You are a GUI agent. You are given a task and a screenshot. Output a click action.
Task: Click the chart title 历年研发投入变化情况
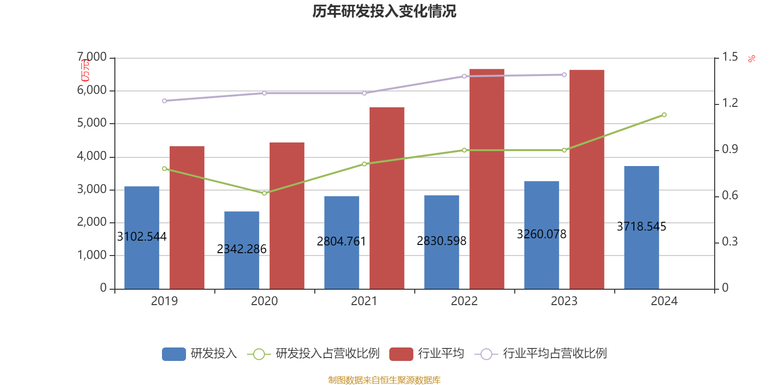[384, 11]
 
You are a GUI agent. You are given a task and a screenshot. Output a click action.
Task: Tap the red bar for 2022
[486, 179]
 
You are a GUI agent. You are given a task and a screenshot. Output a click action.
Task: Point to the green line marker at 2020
[264, 193]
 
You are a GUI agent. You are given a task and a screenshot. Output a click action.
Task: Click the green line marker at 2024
[664, 115]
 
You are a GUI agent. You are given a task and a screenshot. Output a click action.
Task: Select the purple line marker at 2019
[164, 101]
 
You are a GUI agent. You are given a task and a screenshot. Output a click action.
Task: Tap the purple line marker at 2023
[564, 75]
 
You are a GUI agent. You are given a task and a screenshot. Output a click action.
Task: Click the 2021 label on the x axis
[364, 301]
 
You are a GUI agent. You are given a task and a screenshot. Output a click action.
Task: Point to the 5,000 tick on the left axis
[92, 123]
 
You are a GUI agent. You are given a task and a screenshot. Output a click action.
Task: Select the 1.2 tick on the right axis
[730, 103]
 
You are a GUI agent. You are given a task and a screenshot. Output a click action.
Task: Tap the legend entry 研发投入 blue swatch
[174, 354]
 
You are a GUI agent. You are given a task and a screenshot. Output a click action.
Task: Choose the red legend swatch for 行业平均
[401, 354]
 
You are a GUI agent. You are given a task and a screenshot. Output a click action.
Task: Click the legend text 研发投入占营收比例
[327, 354]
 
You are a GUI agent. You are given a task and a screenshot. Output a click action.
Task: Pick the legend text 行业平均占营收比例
[555, 354]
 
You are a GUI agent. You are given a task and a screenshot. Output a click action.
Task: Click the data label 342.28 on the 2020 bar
[242, 249]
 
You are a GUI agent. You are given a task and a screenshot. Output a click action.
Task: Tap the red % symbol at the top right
[751, 59]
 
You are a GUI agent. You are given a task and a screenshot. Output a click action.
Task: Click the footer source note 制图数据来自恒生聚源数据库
[384, 380]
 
